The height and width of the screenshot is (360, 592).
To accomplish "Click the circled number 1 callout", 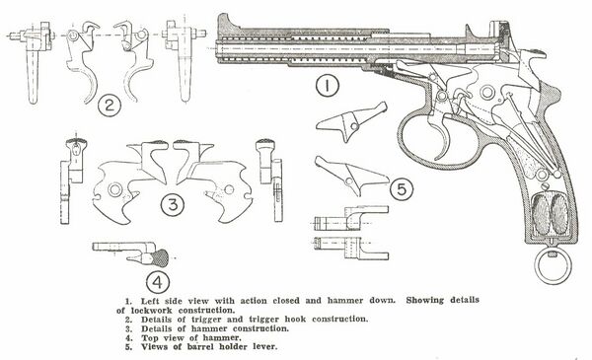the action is click(x=328, y=86).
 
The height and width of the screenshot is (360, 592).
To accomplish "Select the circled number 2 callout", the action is click(x=110, y=105).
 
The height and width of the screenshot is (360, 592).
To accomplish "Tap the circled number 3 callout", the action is click(x=173, y=205).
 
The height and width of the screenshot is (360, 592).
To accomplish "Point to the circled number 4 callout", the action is click(x=158, y=282).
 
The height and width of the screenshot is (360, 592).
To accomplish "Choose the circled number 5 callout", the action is click(x=402, y=189).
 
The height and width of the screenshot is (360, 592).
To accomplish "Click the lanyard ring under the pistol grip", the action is click(x=553, y=283).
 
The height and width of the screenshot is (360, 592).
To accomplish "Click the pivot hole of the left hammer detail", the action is click(x=114, y=189).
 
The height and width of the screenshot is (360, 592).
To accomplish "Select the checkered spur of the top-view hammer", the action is click(x=159, y=258).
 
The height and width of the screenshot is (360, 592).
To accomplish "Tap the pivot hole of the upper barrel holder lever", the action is click(x=354, y=126).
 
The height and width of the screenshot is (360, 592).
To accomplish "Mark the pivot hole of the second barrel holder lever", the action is click(x=349, y=181).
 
